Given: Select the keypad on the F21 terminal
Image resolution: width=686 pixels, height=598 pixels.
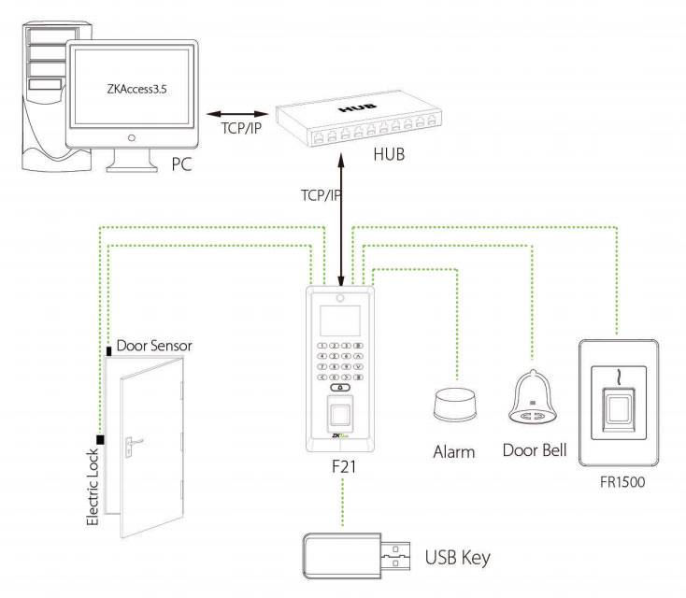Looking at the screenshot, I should [x=341, y=365].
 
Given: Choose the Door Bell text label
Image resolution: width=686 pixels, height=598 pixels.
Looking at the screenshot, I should [x=535, y=450].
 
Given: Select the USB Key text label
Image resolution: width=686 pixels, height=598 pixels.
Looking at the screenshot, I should [x=457, y=559].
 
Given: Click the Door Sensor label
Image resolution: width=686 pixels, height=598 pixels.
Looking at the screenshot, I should [x=154, y=346].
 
